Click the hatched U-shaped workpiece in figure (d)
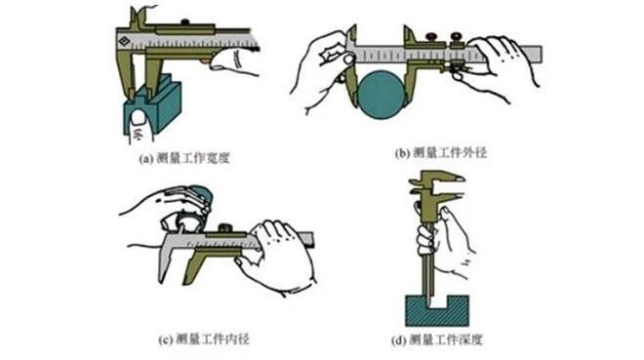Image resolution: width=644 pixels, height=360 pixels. tap(436, 311)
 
